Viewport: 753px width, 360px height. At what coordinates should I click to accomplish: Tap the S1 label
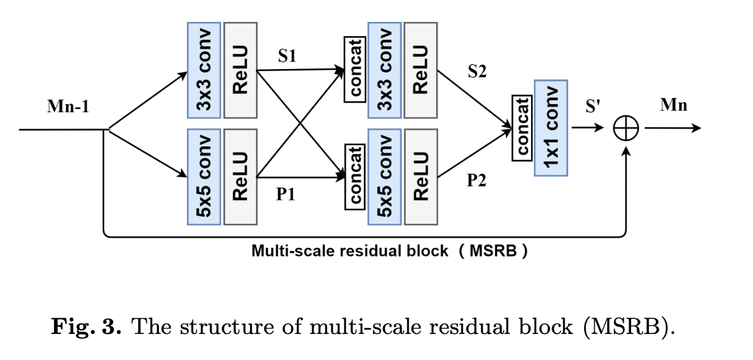pos(287,56)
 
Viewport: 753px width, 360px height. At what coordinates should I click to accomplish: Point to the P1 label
pos(285,194)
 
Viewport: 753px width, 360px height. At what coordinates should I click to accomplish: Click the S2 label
pos(477,71)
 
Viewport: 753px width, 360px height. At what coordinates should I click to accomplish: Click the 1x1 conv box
pos(550,127)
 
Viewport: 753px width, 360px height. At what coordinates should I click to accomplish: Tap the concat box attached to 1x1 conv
pos(522,127)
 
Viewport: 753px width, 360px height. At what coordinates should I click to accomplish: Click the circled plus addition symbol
pos(626,128)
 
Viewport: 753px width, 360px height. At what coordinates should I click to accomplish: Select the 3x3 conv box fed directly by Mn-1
pos(203,70)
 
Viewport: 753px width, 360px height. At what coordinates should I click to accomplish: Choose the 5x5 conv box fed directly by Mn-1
pos(203,177)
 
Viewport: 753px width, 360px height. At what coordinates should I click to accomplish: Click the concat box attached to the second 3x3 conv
pos(355,69)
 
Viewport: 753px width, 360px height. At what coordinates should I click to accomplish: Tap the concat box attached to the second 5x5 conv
pos(355,175)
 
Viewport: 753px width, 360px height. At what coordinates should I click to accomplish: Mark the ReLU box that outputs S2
pos(420,70)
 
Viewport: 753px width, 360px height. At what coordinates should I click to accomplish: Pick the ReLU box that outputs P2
pos(420,177)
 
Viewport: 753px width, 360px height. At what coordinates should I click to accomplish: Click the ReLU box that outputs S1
pos(240,70)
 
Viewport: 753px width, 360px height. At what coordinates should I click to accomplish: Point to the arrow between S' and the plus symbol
pos(586,128)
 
